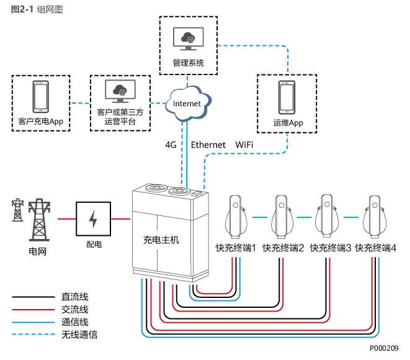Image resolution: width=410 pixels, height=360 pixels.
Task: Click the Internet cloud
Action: [x=187, y=104]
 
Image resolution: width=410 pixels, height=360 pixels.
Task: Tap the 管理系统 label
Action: [x=188, y=63]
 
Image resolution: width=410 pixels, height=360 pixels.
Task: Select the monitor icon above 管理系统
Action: [x=188, y=38]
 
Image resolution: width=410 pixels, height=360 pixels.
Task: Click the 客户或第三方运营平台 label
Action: [x=120, y=117]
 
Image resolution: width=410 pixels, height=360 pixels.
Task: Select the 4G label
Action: [x=171, y=145]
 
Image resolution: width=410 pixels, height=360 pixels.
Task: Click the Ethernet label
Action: [x=208, y=145]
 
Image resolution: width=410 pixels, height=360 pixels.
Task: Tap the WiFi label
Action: [x=244, y=145]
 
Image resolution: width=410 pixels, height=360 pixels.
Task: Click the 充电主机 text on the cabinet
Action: [x=161, y=240]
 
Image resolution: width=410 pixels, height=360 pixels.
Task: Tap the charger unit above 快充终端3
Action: [x=328, y=214]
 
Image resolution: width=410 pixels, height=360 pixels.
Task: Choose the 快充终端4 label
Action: [x=375, y=248]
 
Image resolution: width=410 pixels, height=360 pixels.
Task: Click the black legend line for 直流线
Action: [x=33, y=297]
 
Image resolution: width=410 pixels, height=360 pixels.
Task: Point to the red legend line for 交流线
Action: [x=33, y=310]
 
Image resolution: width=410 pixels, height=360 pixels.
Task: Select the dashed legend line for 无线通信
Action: [x=33, y=335]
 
